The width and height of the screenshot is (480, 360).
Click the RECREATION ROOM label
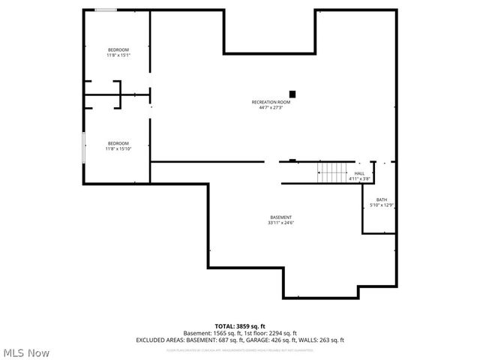coord(271,102)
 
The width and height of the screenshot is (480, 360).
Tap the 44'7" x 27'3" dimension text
coord(271,107)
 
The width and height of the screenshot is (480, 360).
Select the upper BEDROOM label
coord(118,49)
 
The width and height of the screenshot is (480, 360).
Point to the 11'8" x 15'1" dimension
coord(118,55)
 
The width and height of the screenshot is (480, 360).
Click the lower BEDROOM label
coord(118,143)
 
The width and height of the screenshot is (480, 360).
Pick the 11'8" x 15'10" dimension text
coord(118,148)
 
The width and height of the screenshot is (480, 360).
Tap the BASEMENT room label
coord(281,217)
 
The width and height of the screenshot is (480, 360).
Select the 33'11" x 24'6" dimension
coord(281,223)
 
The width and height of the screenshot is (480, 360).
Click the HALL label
coord(360,173)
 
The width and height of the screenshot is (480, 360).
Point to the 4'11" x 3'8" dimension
coord(361,178)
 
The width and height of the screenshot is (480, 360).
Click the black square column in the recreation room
coord(293,94)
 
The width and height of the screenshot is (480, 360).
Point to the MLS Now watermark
coord(25,352)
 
